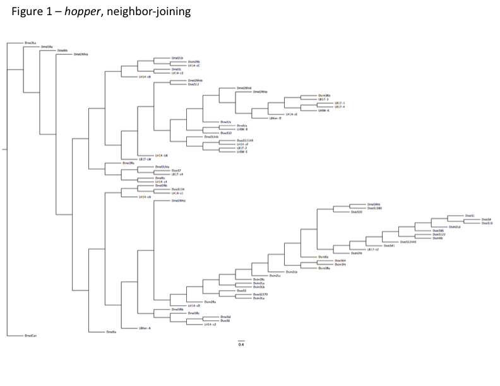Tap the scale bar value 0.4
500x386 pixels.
pyautogui.click(x=241, y=344)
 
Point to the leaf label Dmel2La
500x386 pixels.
pyautogui.click(x=30, y=43)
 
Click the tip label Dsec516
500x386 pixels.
pyautogui.click(x=487, y=223)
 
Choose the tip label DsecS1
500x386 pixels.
pyautogui.click(x=469, y=216)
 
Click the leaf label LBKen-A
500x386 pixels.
pyautogui.click(x=145, y=328)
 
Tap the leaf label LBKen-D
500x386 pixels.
pyautogui.click(x=275, y=118)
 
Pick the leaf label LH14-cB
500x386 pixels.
pyautogui.click(x=145, y=77)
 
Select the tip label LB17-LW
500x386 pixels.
pyautogui.click(x=145, y=159)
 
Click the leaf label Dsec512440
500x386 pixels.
pyautogui.click(x=408, y=242)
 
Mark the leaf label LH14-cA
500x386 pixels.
pyautogui.click(x=145, y=197)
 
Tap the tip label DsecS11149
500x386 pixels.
pyautogui.click(x=244, y=141)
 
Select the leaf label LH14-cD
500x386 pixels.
pyautogui.click(x=185, y=306)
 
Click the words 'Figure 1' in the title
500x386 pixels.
pyautogui.click(x=25, y=11)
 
